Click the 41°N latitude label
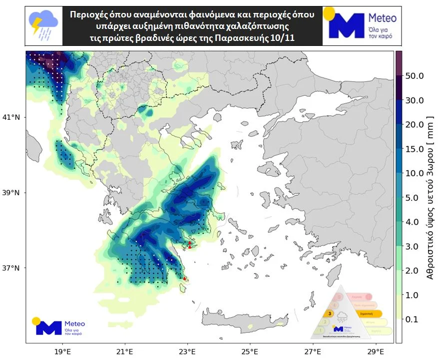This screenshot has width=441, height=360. coord(11,117)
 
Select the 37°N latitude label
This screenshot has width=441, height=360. coord(11,268)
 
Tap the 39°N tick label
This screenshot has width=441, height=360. coord(11,193)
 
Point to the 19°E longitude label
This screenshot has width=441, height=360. coord(62,351)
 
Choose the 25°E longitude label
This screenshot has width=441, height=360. coord(250,351)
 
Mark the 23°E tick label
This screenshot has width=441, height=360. coord(188,351)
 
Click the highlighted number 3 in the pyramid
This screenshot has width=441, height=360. coord(330,314)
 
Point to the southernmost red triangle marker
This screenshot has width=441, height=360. coord(185,278)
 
